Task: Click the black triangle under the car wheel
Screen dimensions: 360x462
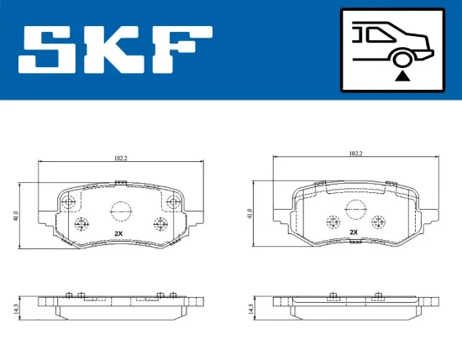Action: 402,76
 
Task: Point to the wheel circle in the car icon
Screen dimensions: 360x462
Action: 402,58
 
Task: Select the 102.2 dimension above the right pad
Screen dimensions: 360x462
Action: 354,154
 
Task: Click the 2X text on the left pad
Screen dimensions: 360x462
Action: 118,232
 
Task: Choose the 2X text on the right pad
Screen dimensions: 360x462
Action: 354,232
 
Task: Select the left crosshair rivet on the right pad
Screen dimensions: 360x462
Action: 332,222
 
